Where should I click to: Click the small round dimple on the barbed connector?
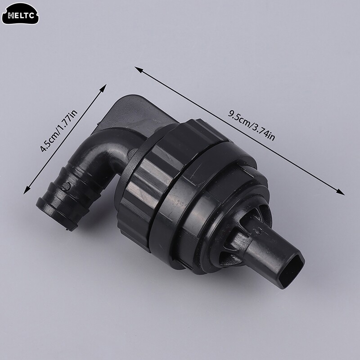click(66, 185)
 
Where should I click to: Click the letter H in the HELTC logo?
click(10, 17)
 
